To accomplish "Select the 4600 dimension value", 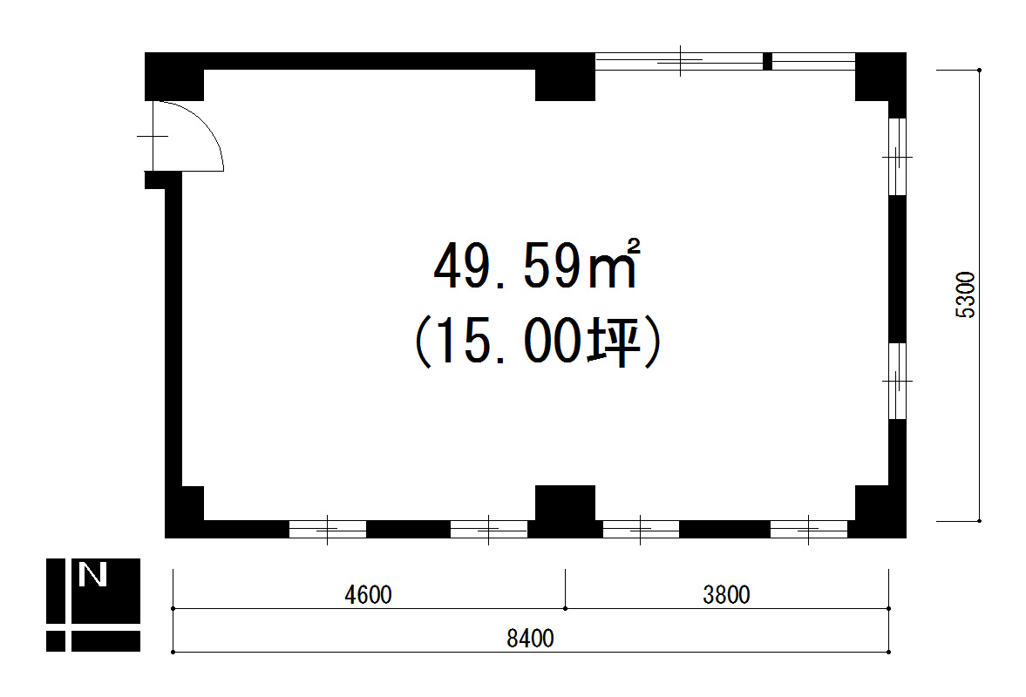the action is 368,594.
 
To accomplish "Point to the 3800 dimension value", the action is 726,594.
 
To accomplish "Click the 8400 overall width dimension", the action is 530,638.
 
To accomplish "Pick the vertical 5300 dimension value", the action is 965,294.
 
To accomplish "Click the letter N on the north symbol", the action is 92,575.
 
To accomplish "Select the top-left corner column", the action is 174,77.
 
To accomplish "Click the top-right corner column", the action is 880,77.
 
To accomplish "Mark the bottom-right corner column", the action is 880,511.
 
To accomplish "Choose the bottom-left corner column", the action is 185,511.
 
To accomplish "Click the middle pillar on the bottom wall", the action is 566,511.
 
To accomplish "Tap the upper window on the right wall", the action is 897,157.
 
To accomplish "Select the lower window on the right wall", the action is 897,381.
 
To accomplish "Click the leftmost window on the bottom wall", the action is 327,529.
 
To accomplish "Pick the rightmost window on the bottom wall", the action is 809,529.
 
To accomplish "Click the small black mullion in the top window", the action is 767,62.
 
